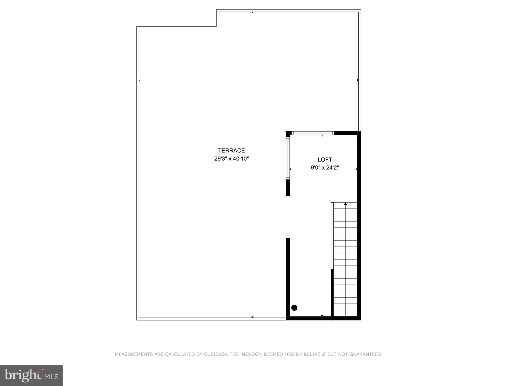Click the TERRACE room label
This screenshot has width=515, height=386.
point(231,150)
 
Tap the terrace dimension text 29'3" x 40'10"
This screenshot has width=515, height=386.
point(231,159)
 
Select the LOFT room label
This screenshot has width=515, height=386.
point(325,160)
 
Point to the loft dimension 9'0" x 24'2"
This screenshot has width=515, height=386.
point(325,168)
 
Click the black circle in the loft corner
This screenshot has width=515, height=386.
point(294,307)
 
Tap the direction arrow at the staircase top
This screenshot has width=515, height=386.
point(345,204)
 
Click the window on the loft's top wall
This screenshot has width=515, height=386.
point(313,133)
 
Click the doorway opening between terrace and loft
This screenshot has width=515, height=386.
point(288,217)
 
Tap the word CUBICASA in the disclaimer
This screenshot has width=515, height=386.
point(216,354)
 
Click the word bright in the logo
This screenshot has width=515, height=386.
point(23,375)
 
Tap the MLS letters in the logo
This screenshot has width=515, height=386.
point(52,377)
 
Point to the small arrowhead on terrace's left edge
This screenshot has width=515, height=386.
point(140,80)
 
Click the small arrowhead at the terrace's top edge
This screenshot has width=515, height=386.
point(252,13)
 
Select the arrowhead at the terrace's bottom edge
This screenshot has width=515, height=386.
point(252,317)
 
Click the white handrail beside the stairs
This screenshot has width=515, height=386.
point(332,236)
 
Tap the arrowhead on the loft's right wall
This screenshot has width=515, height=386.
point(357,169)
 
